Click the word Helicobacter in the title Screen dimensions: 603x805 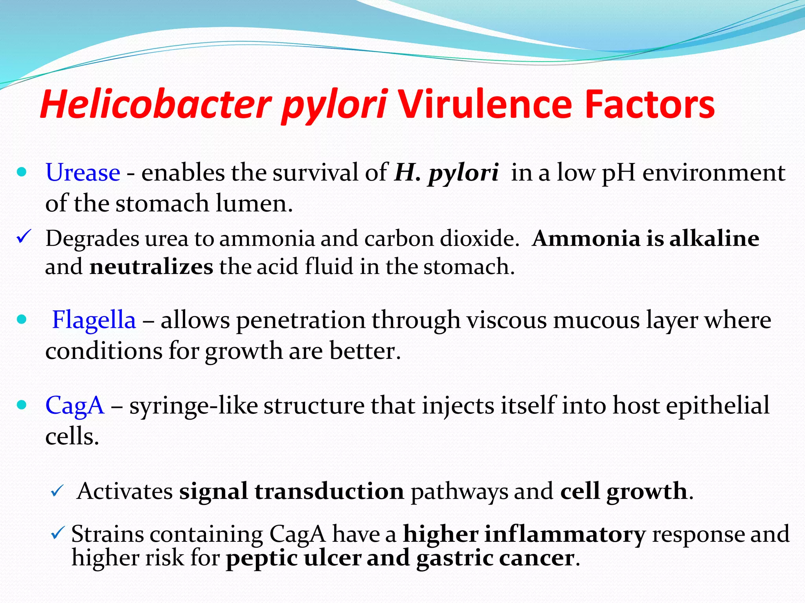(x=155, y=104)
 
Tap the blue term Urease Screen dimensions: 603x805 (x=83, y=172)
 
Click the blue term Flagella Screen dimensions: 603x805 (x=94, y=320)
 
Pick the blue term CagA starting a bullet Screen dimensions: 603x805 (x=75, y=405)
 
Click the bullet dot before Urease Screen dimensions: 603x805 (x=22, y=172)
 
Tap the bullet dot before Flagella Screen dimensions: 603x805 (x=22, y=319)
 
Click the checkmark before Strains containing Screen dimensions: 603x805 (x=57, y=533)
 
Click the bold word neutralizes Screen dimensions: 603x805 (x=151, y=267)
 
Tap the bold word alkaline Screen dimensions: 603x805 (x=714, y=238)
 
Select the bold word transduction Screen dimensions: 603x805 (x=329, y=491)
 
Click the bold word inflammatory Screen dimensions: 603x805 (x=564, y=534)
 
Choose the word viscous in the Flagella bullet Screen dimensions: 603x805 (x=507, y=320)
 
